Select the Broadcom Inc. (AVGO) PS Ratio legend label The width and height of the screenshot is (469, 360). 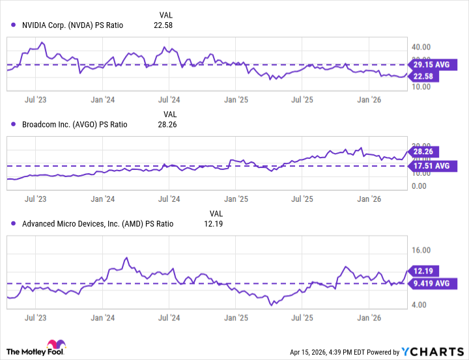(x=75, y=125)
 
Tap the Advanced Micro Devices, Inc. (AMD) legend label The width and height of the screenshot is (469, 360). (x=98, y=223)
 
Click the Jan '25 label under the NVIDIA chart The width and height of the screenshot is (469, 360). (x=236, y=100)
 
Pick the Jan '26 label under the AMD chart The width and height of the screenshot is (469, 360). (x=370, y=319)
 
